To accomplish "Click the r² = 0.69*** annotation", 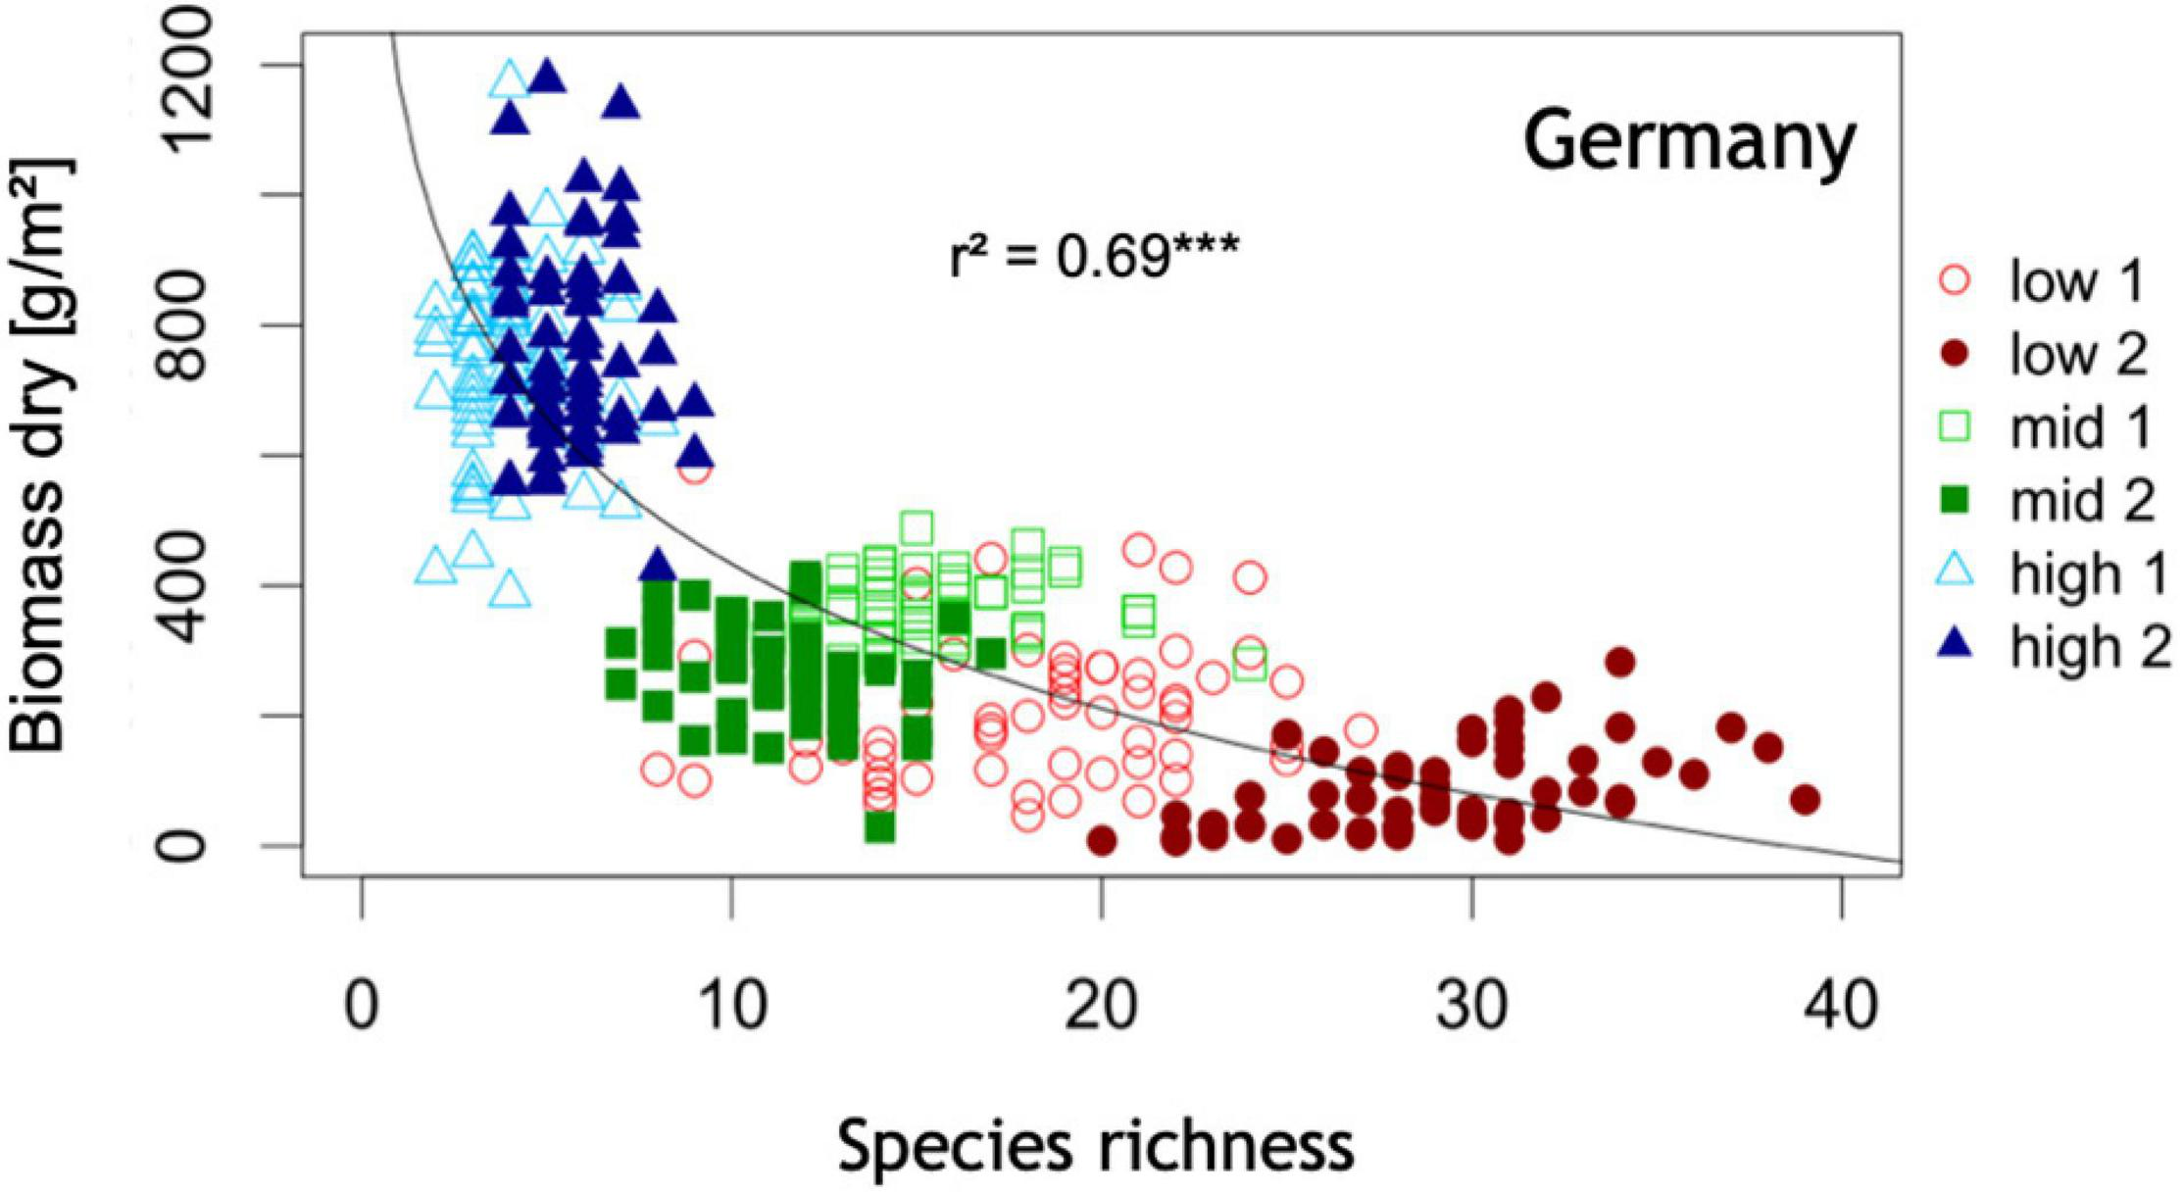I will (1094, 258).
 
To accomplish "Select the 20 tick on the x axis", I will (1102, 1006).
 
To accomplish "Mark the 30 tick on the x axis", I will (1471, 1006).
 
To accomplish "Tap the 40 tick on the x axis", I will (1841, 1006).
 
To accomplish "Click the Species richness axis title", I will (1095, 1146).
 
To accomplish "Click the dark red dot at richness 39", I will (1805, 800).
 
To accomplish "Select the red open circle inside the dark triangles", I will (694, 471).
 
